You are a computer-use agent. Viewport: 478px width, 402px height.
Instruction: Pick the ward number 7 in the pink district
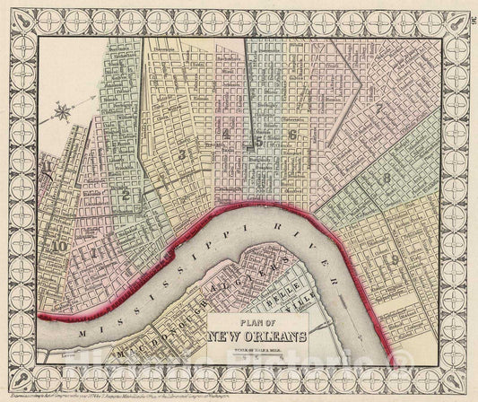(x=380, y=109)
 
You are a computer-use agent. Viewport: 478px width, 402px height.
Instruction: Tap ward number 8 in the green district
(x=386, y=178)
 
